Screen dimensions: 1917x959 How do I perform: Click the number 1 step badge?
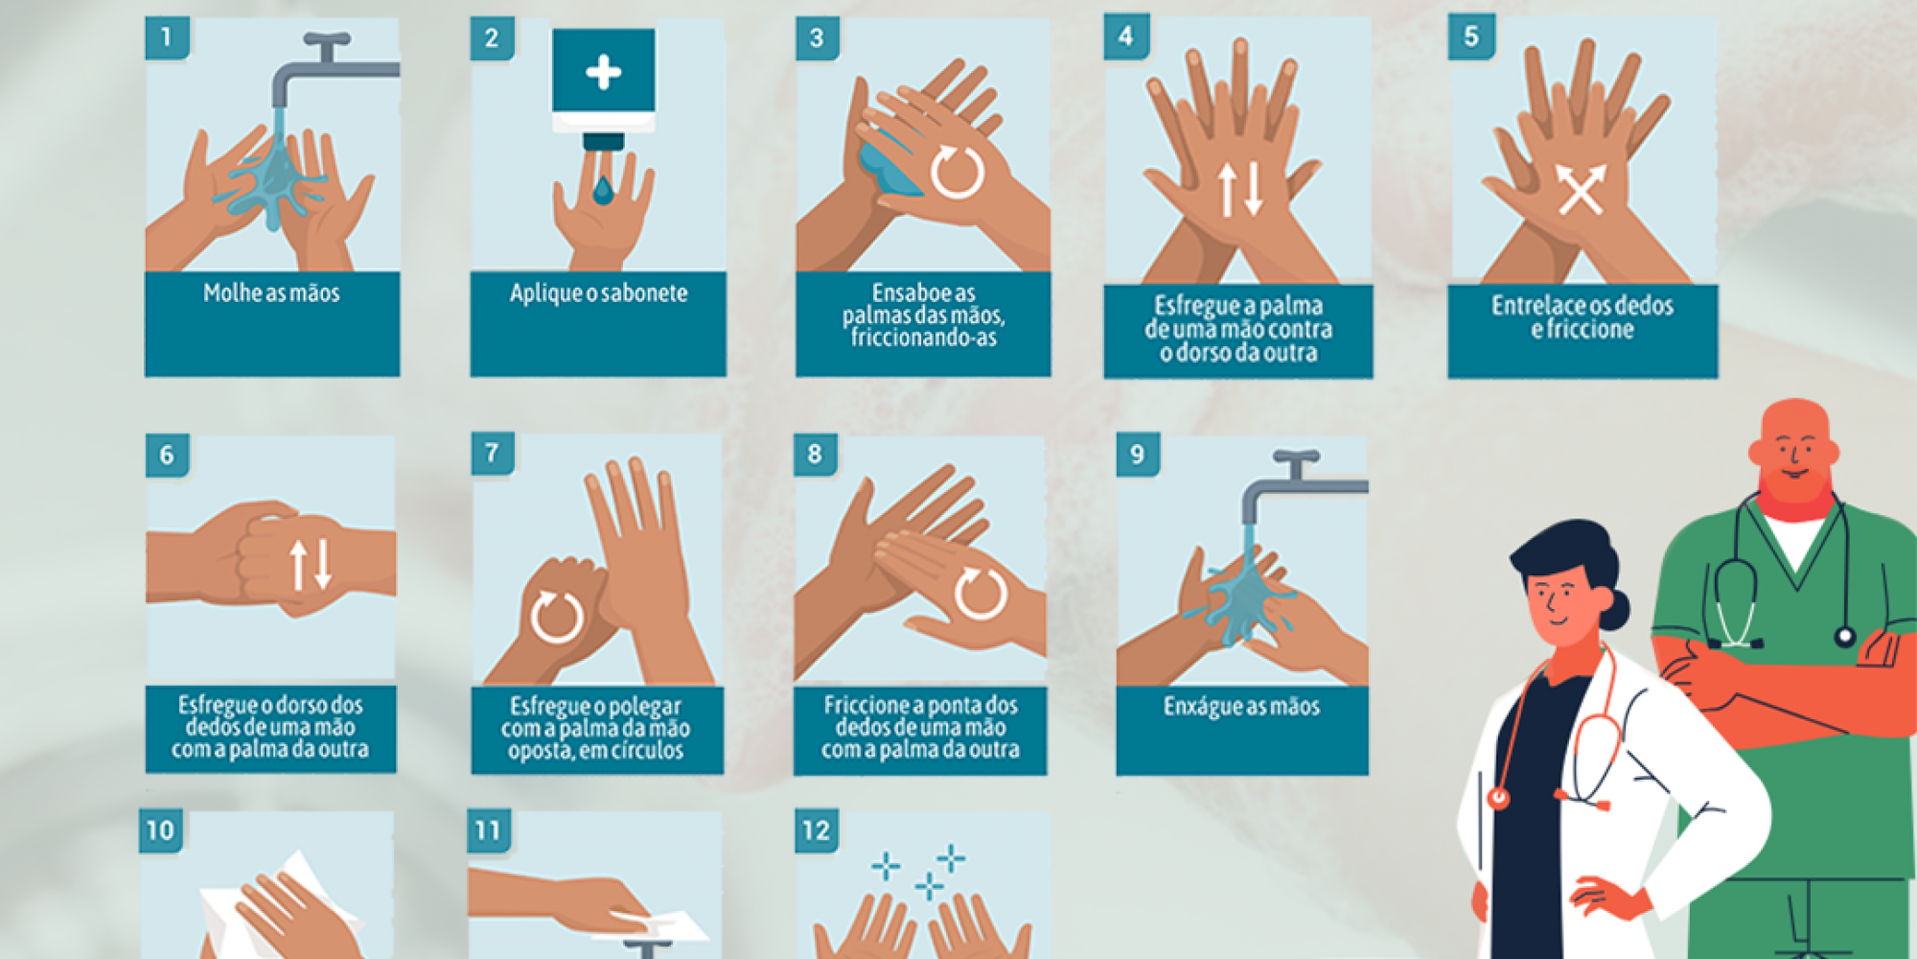pos(167,37)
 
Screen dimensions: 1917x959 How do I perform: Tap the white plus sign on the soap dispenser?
pos(603,72)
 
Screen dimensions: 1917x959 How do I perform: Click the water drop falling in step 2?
pos(602,190)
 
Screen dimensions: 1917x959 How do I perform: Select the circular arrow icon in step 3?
pos(957,173)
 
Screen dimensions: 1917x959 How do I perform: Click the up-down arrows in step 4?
pos(1239,189)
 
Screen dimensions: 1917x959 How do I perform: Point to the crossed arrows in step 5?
pos(1580,189)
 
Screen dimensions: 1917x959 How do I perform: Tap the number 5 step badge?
pos(1471,37)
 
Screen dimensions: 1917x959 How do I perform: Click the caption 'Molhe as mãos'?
pos(271,292)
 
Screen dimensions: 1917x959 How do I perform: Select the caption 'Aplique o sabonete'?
pos(598,292)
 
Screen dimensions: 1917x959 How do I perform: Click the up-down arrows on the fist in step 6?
pos(312,564)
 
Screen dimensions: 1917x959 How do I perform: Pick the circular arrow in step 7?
pos(557,616)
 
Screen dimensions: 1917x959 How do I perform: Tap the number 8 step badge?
pos(815,454)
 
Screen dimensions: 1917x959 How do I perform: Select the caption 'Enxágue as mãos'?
pos(1241,707)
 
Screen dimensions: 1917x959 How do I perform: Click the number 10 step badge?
pos(160,830)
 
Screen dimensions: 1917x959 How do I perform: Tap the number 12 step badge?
pos(816,830)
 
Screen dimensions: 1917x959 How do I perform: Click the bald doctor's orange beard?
pos(1793,485)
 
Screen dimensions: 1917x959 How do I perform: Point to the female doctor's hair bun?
pos(1615,609)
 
